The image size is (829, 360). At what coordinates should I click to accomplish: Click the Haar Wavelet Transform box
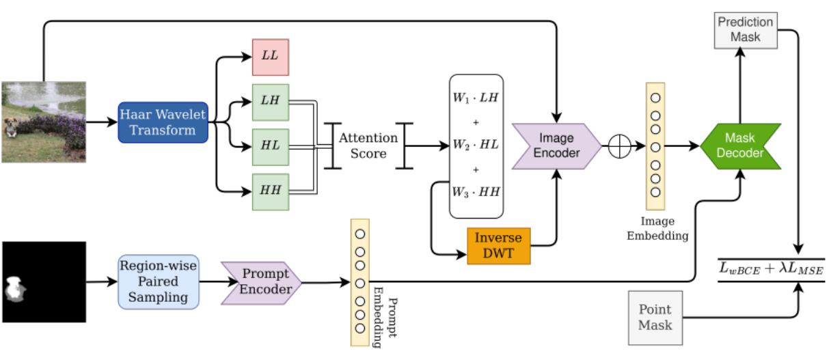(163, 122)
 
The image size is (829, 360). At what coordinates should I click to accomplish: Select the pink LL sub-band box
(271, 57)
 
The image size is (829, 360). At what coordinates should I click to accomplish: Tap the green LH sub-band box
(271, 102)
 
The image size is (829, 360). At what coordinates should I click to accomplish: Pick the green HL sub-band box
(271, 147)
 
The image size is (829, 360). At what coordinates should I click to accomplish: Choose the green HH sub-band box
(271, 192)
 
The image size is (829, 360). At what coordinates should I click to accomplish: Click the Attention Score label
(368, 146)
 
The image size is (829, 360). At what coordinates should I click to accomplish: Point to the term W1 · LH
(476, 98)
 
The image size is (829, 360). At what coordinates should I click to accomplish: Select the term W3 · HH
(476, 192)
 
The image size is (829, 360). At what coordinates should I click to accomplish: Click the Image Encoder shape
(556, 146)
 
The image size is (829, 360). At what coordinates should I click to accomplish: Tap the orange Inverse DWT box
(498, 246)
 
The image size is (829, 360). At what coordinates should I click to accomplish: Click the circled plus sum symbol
(620, 146)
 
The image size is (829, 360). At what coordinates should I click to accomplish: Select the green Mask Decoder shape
(740, 146)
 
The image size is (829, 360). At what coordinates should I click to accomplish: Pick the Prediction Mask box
(746, 30)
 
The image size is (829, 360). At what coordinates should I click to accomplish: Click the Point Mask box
(655, 318)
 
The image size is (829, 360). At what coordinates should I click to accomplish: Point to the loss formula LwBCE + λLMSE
(772, 269)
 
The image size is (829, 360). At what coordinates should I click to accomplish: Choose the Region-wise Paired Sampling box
(159, 281)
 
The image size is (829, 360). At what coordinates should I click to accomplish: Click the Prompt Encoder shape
(261, 283)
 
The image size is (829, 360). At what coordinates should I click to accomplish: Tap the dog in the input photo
(10, 127)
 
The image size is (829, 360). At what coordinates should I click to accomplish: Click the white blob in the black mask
(15, 288)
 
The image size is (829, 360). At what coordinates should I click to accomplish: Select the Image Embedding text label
(657, 228)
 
